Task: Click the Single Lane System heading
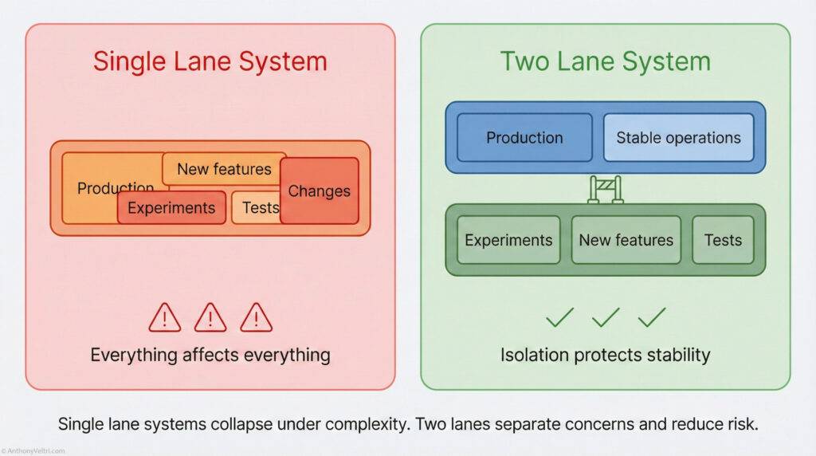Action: click(210, 61)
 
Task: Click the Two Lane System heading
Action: click(606, 61)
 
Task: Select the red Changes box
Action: click(319, 191)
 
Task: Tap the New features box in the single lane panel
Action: click(224, 169)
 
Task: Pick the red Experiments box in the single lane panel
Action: click(171, 208)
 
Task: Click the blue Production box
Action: click(524, 137)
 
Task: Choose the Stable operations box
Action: click(678, 137)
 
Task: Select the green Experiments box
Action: click(508, 240)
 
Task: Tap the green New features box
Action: click(626, 240)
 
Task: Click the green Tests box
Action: click(723, 240)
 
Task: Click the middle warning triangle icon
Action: click(210, 318)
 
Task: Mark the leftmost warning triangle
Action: click(164, 318)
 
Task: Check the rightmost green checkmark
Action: click(652, 317)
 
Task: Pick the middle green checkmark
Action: click(606, 317)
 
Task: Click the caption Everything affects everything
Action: click(210, 355)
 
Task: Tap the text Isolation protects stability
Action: click(606, 355)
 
